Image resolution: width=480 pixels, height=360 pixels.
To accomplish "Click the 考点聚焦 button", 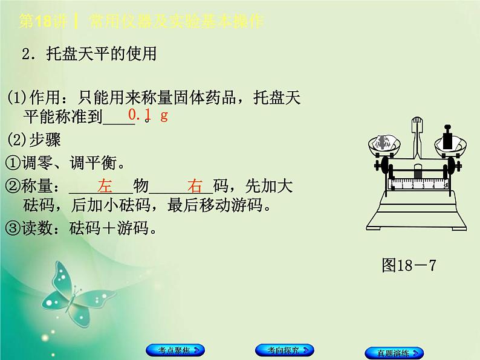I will tap(175, 350).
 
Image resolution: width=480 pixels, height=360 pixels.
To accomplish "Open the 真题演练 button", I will tap(394, 352).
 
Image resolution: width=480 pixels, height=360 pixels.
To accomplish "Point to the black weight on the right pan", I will tap(448, 139).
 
